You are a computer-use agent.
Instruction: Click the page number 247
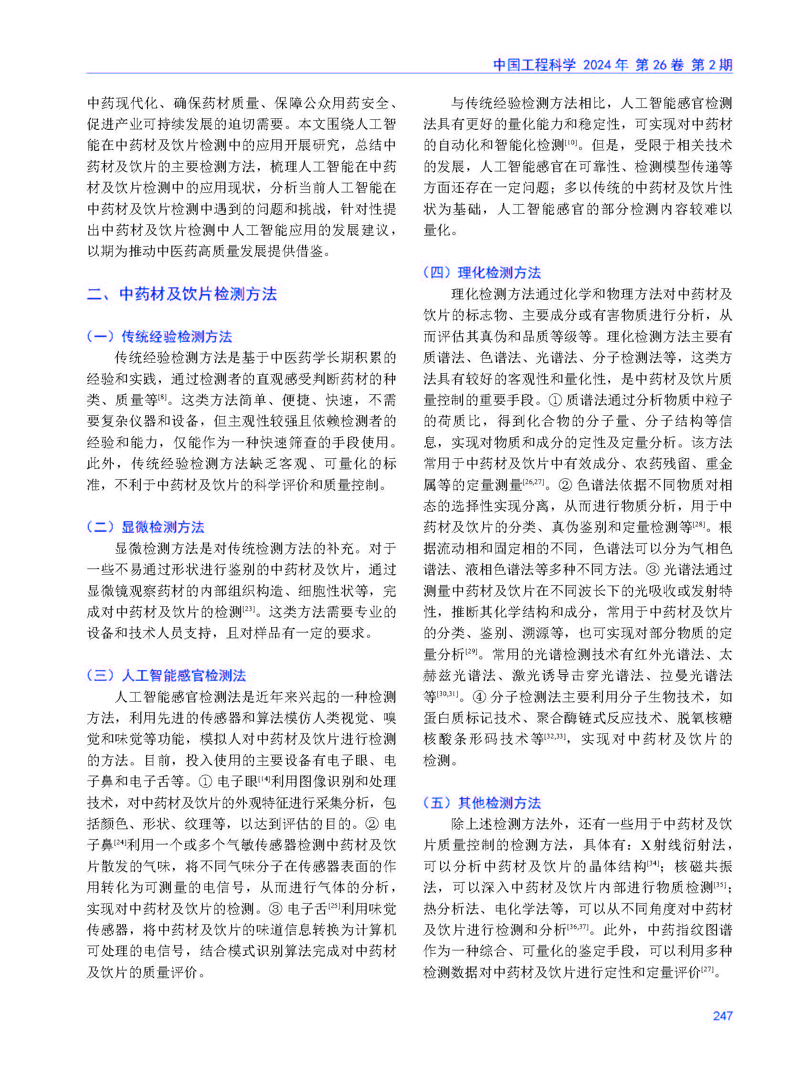pos(722,1015)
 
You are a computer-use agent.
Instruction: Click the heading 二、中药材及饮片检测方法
pos(182,294)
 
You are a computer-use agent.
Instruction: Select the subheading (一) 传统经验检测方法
pos(159,337)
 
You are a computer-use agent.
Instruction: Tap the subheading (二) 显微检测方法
pos(145,527)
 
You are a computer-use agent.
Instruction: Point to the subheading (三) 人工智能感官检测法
pos(166,675)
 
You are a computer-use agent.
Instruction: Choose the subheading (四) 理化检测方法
pos(482,273)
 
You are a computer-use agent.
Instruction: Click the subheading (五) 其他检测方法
pos(482,802)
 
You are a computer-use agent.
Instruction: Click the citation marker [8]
pos(162,397)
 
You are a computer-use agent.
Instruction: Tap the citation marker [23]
pos(249,609)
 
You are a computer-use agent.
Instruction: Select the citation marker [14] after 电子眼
pos(264,778)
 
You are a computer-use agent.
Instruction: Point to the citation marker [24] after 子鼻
pos(120,842)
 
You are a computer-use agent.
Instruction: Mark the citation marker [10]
pos(570,142)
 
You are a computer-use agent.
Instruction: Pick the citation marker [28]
pos(699,524)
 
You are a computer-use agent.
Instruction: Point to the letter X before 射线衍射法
pos(645,845)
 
